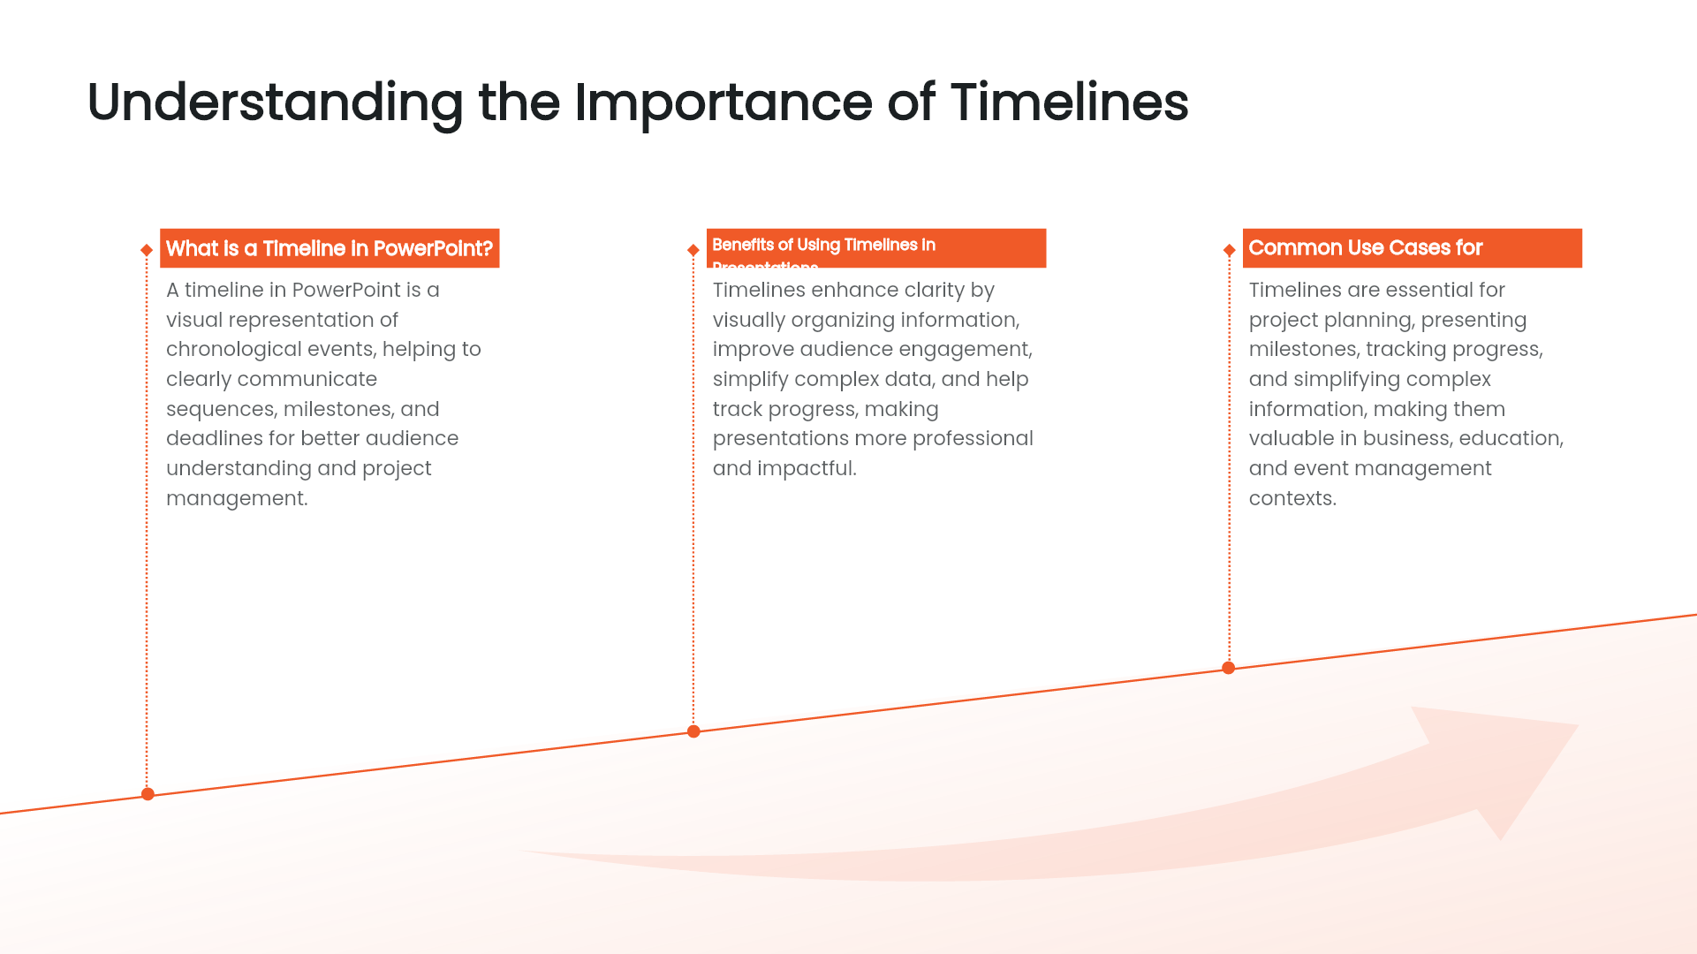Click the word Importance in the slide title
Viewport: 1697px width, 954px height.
click(x=723, y=102)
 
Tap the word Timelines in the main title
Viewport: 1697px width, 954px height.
click(x=1069, y=102)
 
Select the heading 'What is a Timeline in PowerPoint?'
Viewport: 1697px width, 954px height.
click(x=329, y=248)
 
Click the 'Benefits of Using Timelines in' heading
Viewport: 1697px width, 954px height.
click(x=823, y=245)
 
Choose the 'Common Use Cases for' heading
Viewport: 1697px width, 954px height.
click(x=1365, y=248)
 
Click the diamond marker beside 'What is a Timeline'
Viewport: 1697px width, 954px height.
click(x=147, y=250)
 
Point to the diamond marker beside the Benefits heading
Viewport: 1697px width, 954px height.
click(x=693, y=250)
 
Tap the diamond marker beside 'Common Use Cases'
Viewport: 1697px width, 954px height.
click(x=1229, y=250)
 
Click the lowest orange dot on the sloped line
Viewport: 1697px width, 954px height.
click(x=148, y=794)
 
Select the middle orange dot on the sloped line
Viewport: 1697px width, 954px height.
click(x=693, y=731)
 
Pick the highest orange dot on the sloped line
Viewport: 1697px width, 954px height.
click(x=1228, y=668)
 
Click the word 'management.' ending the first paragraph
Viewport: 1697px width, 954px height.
click(x=237, y=498)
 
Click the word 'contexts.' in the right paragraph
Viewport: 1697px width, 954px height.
click(x=1292, y=498)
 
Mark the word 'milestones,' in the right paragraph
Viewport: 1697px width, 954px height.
click(x=1304, y=350)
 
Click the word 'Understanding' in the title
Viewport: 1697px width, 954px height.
click(x=275, y=102)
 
